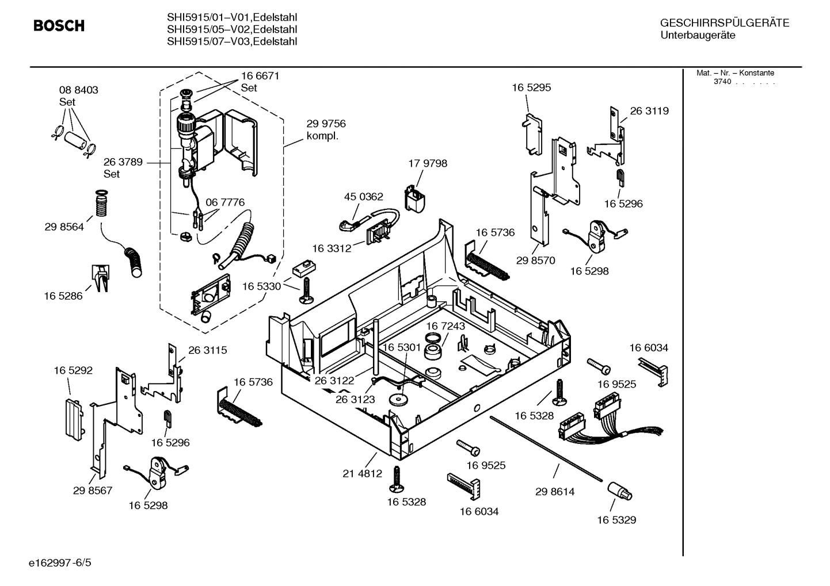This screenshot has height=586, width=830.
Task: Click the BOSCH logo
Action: (59, 26)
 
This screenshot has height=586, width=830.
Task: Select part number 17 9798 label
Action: (427, 163)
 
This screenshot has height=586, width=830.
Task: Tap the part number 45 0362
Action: (363, 197)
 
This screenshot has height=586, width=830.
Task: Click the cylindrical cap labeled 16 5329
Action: (619, 492)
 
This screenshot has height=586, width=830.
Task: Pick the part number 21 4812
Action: (362, 474)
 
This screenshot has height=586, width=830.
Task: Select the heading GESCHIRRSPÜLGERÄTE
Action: (724, 23)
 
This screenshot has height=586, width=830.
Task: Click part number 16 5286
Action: (63, 296)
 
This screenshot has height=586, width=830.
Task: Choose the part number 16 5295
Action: (531, 87)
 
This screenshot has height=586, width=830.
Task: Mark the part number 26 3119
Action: (649, 111)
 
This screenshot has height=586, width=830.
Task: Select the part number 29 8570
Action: (535, 261)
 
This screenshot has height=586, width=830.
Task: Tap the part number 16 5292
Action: (73, 371)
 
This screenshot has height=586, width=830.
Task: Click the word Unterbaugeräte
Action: (698, 36)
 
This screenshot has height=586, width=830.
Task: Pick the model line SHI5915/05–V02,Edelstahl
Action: (232, 29)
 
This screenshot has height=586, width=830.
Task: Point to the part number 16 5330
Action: (261, 286)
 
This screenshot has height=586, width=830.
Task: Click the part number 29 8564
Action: (64, 227)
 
